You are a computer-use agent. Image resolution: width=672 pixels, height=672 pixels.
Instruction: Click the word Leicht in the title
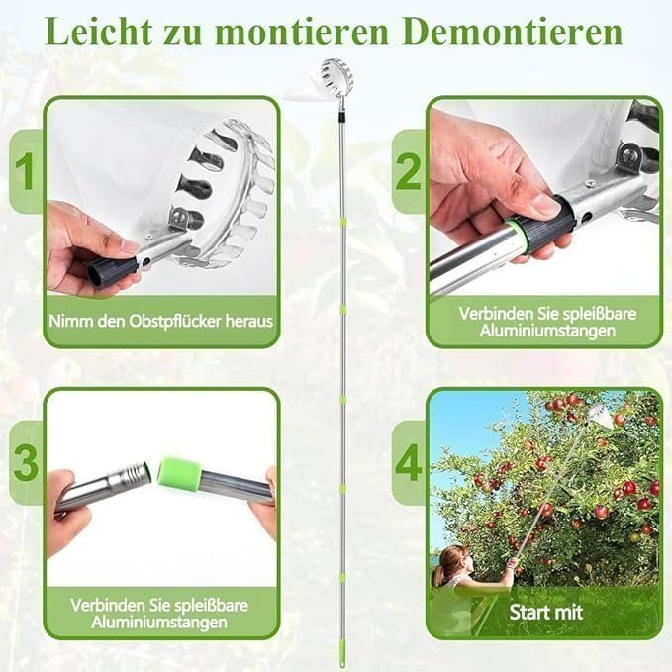(x=99, y=31)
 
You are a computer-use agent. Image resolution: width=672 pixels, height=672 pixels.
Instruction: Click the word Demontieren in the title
(x=513, y=31)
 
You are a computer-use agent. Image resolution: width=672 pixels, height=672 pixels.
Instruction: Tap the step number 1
(x=25, y=171)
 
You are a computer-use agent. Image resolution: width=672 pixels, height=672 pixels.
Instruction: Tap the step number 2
(x=408, y=171)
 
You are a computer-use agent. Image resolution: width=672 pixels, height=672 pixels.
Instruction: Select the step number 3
(x=26, y=463)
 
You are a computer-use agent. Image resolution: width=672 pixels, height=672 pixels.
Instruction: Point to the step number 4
(x=409, y=463)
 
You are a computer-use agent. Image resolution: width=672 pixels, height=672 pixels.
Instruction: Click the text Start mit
(x=546, y=612)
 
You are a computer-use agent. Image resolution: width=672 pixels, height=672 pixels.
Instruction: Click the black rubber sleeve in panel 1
(x=112, y=269)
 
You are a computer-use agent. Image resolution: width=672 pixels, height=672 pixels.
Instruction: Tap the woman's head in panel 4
(x=454, y=559)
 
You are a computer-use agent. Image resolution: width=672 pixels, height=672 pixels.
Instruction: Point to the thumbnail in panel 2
(x=546, y=205)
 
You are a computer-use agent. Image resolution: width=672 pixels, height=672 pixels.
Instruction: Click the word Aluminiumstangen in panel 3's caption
(x=159, y=623)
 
